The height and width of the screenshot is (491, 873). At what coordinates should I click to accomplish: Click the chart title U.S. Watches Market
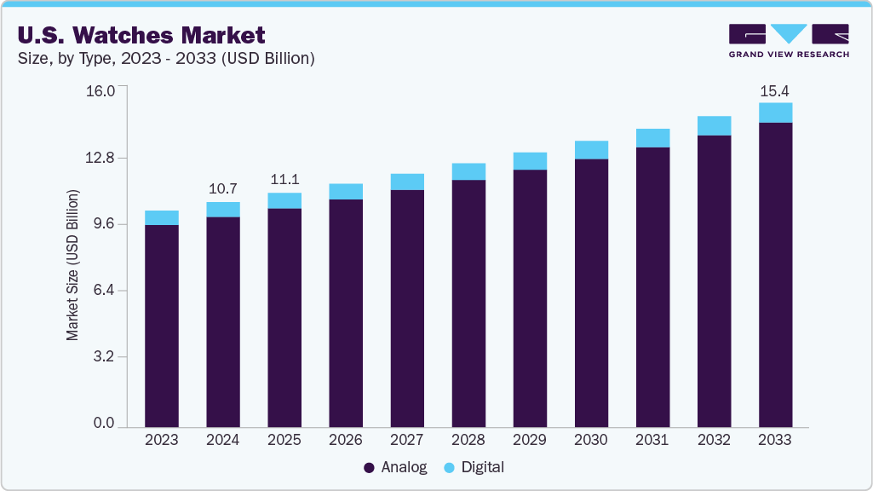click(x=140, y=35)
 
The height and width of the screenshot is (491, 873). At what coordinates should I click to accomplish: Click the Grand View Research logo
click(x=789, y=40)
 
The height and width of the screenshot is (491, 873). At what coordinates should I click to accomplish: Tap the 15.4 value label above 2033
click(x=775, y=90)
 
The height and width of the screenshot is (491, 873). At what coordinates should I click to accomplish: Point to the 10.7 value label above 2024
click(x=222, y=188)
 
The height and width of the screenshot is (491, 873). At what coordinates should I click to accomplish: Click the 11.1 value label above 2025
click(x=284, y=180)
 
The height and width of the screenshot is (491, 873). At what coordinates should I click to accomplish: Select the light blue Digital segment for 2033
click(x=775, y=113)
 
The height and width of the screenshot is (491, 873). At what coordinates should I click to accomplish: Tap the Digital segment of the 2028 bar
click(x=468, y=171)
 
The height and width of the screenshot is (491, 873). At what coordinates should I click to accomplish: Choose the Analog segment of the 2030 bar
click(x=591, y=292)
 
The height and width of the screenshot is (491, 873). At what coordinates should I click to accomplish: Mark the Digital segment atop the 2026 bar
click(x=346, y=192)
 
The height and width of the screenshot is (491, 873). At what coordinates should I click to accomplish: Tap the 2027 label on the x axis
click(x=407, y=441)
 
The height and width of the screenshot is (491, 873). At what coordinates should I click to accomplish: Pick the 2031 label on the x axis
click(x=652, y=441)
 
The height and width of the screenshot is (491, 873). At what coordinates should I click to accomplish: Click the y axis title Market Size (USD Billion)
click(x=73, y=265)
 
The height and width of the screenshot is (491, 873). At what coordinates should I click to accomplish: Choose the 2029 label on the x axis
click(x=530, y=441)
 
